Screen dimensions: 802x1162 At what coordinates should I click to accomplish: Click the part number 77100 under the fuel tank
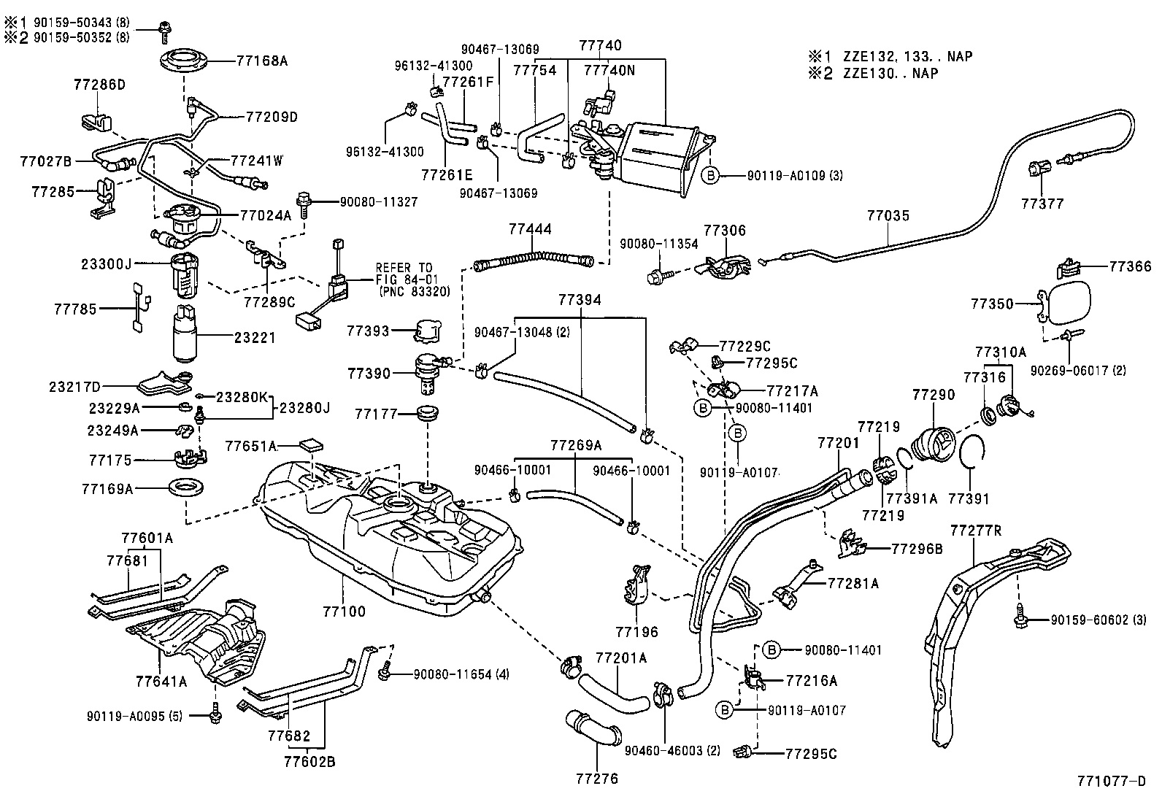coord(342,612)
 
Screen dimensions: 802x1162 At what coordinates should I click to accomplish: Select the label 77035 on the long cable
coord(888,215)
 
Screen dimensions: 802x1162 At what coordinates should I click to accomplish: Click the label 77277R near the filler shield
coord(976,530)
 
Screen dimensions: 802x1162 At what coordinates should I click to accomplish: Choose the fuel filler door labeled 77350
coord(1070,303)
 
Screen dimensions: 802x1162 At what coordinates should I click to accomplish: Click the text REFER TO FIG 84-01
coord(404,273)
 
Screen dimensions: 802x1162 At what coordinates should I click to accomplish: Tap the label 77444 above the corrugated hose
coord(530,228)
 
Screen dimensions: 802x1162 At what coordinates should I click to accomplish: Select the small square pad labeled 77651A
coord(312,444)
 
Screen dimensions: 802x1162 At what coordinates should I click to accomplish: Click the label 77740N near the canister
coord(609,71)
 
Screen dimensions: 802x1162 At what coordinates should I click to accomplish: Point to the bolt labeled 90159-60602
coord(1020,620)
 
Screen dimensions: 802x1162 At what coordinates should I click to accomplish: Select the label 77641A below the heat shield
coord(161,682)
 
